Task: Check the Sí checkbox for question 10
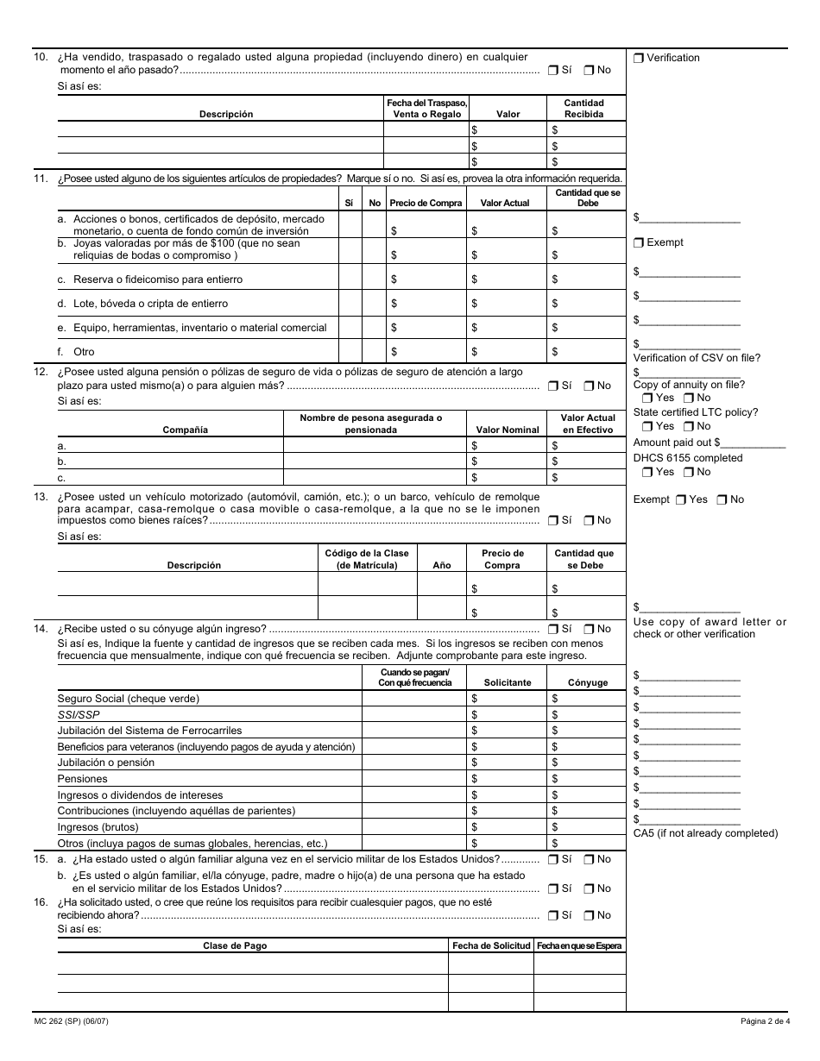pyautogui.click(x=552, y=70)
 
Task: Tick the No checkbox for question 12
pyautogui.click(x=589, y=386)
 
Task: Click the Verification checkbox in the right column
pyautogui.click(x=639, y=58)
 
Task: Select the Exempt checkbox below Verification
pyautogui.click(x=639, y=242)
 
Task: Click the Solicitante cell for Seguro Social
pyautogui.click(x=508, y=699)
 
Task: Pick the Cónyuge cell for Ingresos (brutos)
pyautogui.click(x=587, y=827)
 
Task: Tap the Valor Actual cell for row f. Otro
pyautogui.click(x=508, y=352)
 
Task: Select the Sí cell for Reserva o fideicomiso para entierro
pyautogui.click(x=350, y=279)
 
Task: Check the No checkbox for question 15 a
pyautogui.click(x=589, y=859)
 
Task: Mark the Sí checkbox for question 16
pyautogui.click(x=552, y=915)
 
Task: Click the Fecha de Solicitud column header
pyautogui.click(x=491, y=946)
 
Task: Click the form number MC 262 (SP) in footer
pyautogui.click(x=83, y=1022)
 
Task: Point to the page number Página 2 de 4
pyautogui.click(x=764, y=1022)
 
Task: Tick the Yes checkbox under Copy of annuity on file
pyautogui.click(x=647, y=398)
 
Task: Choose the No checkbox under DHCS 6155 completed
pyautogui.click(x=688, y=472)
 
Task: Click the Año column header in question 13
pyautogui.click(x=441, y=566)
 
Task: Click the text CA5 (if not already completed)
pyautogui.click(x=705, y=833)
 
